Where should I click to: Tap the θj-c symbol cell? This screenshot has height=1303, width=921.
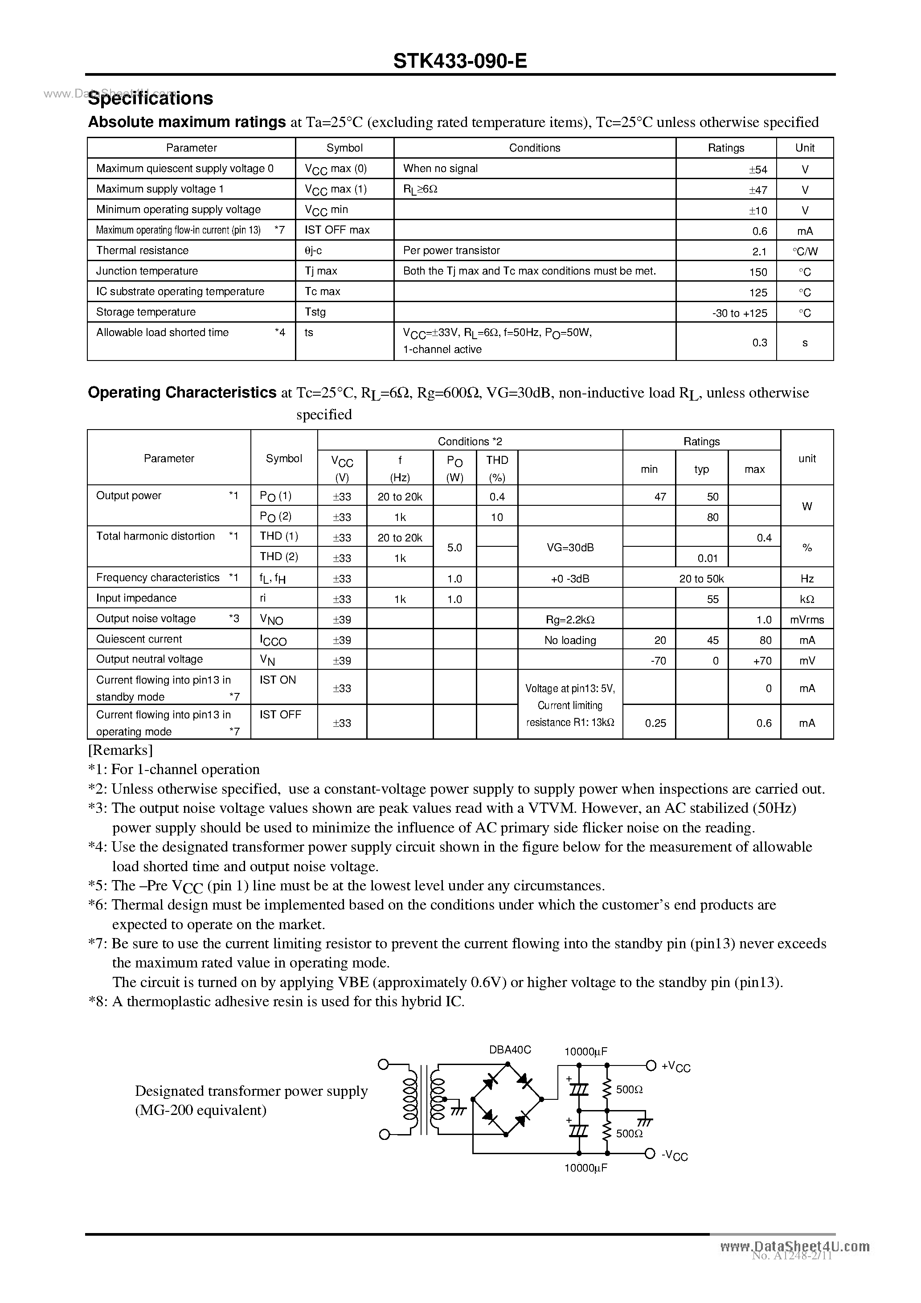coord(313,250)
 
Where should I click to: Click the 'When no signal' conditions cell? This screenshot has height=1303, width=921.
coord(440,168)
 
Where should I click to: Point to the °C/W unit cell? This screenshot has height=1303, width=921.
coord(805,251)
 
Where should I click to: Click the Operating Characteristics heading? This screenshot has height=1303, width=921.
coord(182,393)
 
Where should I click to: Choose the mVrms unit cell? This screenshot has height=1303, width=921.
coord(806,620)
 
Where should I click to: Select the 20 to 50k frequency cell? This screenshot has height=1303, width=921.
coord(701,579)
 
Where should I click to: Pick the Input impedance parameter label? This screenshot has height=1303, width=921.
coord(136,598)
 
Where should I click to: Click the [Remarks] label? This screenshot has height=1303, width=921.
coord(120,750)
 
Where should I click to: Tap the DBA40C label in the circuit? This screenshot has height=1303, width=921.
coord(510,1050)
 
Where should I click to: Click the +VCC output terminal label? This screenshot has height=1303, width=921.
coord(675,1067)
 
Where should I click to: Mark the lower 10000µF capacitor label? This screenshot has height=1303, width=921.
coord(585,1168)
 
